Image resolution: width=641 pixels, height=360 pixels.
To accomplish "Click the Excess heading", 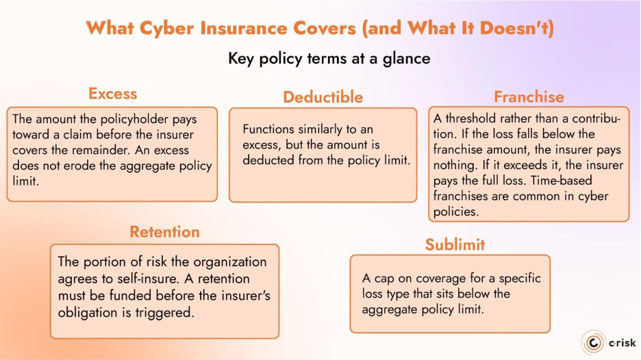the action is [x=112, y=94].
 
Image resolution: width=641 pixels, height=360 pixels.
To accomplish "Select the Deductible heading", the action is [x=323, y=97].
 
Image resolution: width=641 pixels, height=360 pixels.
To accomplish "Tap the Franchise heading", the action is [x=529, y=97].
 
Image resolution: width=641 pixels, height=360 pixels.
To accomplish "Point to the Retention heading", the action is [x=164, y=232].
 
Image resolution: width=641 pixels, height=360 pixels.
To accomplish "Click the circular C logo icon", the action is [x=592, y=342].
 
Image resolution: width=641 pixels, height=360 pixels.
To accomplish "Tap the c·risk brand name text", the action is [x=620, y=342].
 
